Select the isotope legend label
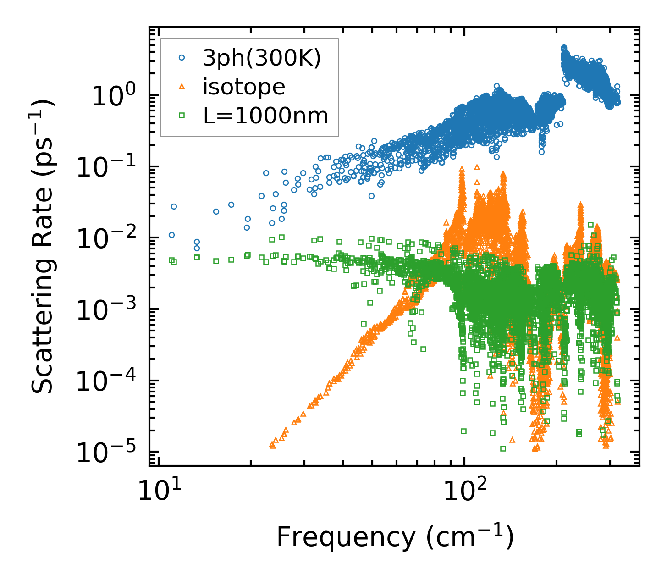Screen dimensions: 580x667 [244, 87]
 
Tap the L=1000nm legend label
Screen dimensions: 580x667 [265, 116]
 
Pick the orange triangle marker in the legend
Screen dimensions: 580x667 [182, 87]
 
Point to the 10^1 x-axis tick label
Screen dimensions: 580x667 [158, 493]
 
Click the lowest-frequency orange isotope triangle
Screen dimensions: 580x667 [272, 444]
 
